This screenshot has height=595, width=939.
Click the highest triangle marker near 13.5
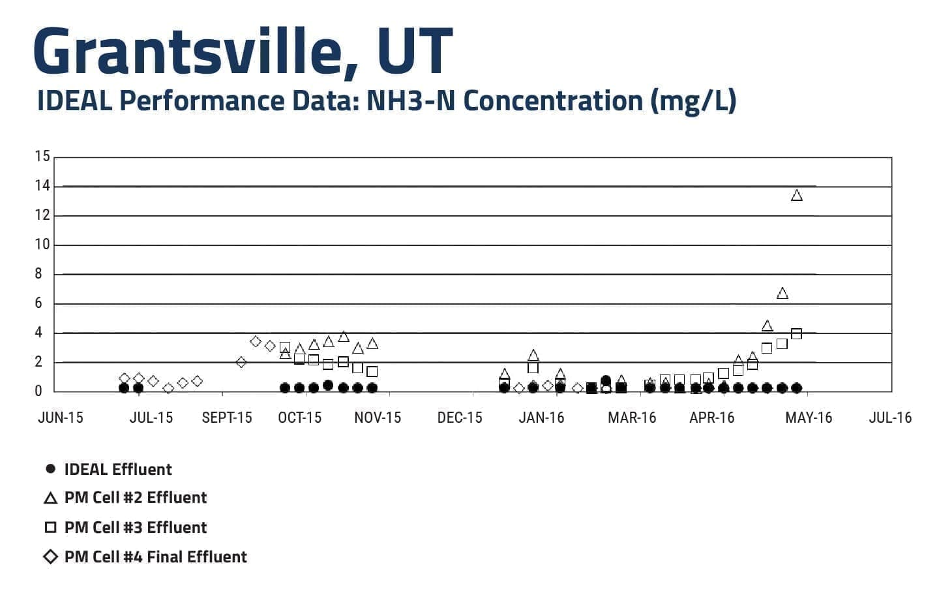[796, 196]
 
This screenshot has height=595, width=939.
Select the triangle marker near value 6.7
[782, 294]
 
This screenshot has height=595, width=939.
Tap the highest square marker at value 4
[796, 334]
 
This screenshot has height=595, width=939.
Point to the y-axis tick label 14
[42, 185]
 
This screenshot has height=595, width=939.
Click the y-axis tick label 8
[38, 273]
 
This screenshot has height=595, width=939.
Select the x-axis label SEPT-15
[227, 418]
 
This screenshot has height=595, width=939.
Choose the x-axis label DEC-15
[460, 418]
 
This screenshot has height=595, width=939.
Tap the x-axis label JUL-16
[890, 418]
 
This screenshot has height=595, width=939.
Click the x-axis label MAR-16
[632, 418]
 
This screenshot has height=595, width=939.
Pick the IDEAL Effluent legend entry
[108, 469]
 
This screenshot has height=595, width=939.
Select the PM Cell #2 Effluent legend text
[136, 498]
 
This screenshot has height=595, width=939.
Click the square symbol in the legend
[51, 527]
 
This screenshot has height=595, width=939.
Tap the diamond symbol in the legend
[51, 557]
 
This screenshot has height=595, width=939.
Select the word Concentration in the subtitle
[554, 101]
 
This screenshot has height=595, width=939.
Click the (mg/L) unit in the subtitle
[693, 102]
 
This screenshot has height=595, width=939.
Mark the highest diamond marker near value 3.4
[256, 342]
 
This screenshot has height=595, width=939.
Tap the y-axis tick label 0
[38, 391]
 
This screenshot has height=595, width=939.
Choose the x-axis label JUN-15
[61, 418]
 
